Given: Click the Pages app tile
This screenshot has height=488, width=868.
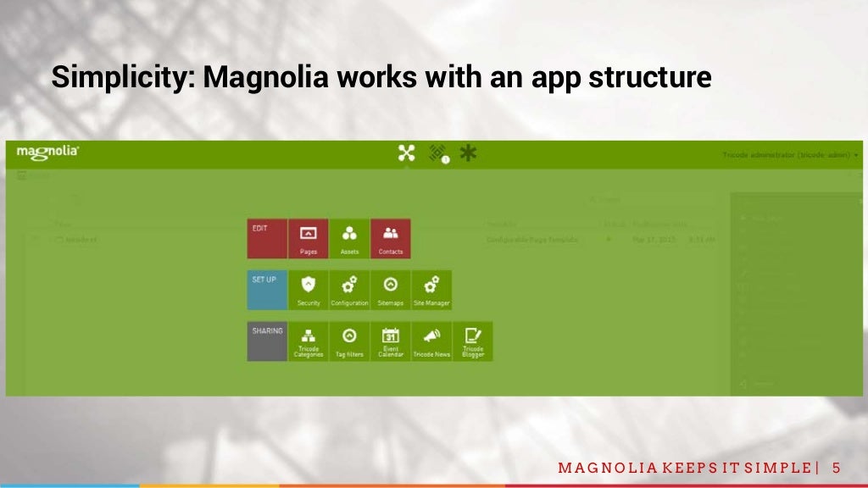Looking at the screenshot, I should (x=309, y=238).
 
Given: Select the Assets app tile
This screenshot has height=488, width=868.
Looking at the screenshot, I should (x=349, y=238).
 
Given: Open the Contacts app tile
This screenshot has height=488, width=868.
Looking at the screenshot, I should (x=391, y=238).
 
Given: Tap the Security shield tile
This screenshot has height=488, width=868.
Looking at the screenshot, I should (x=309, y=290).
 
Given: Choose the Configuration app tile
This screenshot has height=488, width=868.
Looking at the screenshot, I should (x=349, y=290).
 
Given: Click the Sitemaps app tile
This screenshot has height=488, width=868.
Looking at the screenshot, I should (x=391, y=290).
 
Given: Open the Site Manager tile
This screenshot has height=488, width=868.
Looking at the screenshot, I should (x=431, y=290).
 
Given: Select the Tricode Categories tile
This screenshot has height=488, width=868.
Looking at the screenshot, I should (x=309, y=341).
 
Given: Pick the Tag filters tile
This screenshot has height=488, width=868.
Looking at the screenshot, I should (x=349, y=341).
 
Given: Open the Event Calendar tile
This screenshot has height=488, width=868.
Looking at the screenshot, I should (x=391, y=341).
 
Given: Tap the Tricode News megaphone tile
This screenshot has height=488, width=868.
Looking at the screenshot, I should (x=431, y=341).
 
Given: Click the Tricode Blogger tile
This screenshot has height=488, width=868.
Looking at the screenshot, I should (x=473, y=341).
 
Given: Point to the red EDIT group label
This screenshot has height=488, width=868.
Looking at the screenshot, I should (x=267, y=238).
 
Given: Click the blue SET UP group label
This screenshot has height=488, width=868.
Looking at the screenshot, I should (x=267, y=290).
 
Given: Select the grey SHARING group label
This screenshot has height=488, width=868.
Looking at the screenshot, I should (x=267, y=341).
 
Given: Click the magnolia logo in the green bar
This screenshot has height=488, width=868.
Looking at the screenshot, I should (x=48, y=152).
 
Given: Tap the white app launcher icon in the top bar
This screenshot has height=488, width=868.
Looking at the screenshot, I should (x=407, y=152).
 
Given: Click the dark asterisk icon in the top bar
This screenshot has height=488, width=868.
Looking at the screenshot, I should (x=467, y=152).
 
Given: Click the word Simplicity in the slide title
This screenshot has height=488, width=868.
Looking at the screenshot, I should (x=122, y=78).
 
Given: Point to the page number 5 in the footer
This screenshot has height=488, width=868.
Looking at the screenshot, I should (x=837, y=469).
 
